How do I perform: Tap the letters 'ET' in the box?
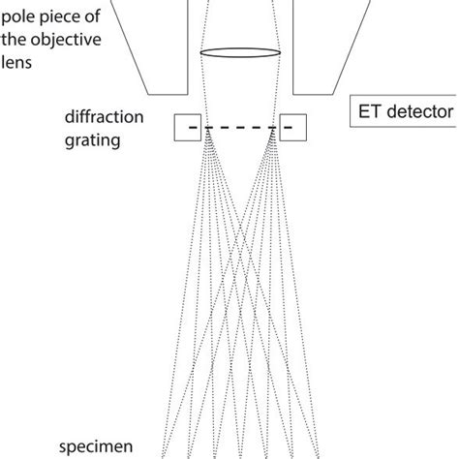(x=369, y=112)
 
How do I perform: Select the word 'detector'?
(x=420, y=112)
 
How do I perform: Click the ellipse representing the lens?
(x=240, y=53)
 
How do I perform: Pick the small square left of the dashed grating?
(x=187, y=128)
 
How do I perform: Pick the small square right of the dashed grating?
(x=292, y=128)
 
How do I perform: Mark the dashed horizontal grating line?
(x=240, y=128)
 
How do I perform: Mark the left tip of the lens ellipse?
(x=199, y=53)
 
